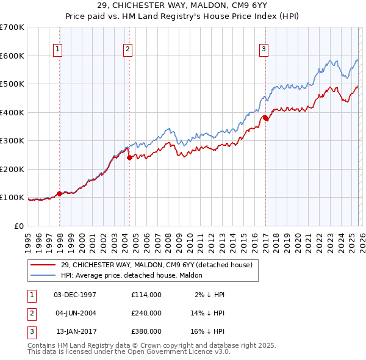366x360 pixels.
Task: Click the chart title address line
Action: click(x=184, y=6)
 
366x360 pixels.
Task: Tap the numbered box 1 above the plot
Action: click(x=58, y=50)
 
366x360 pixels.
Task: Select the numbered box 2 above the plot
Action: click(x=128, y=50)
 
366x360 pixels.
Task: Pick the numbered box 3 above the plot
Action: click(x=264, y=50)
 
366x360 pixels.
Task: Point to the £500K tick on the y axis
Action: click(x=12, y=84)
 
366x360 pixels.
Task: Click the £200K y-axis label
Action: click(x=12, y=169)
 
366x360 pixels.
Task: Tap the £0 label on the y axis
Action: click(x=18, y=226)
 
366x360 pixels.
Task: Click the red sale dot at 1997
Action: click(x=60, y=193)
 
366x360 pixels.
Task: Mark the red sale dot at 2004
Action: click(x=129, y=157)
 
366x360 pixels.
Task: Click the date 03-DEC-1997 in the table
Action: click(x=75, y=295)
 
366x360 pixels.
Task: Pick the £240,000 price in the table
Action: click(x=146, y=312)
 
